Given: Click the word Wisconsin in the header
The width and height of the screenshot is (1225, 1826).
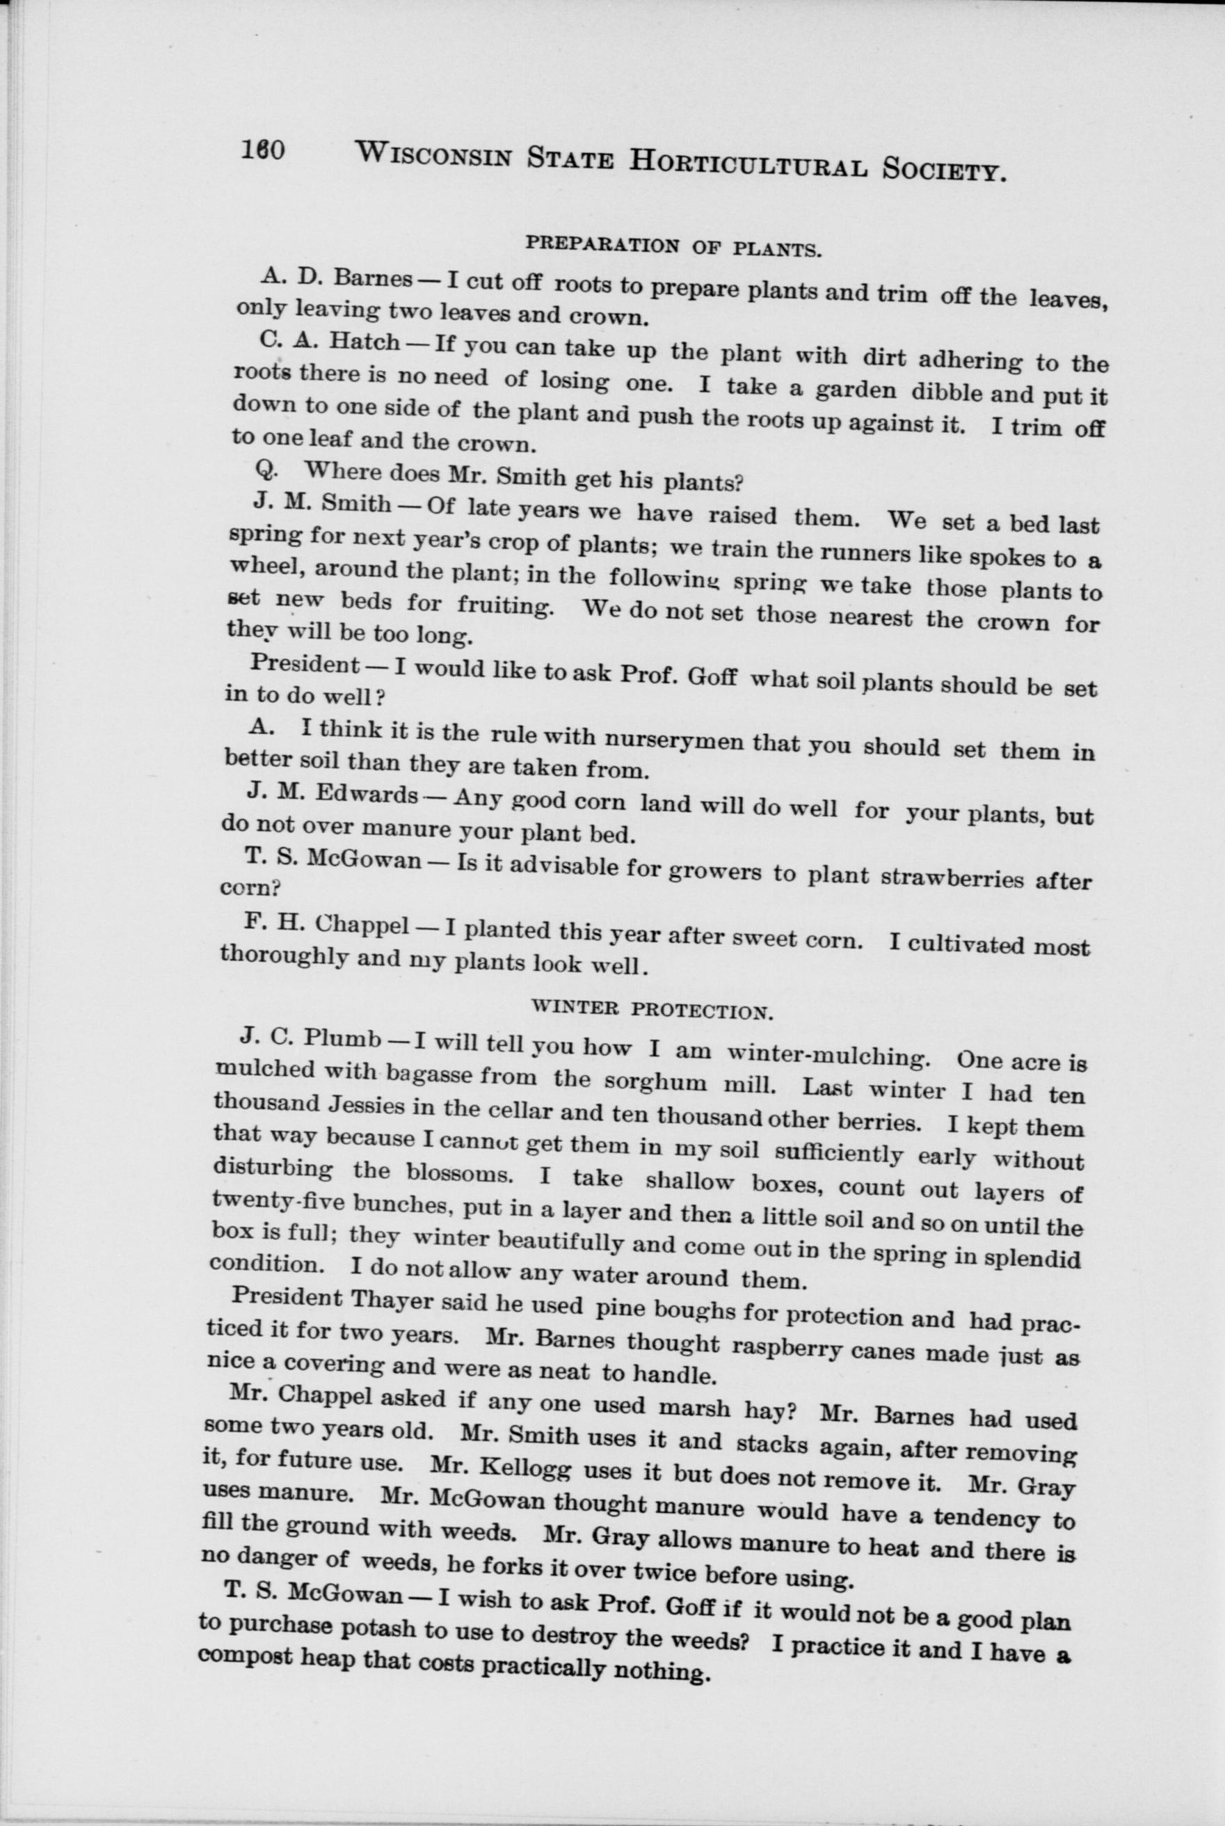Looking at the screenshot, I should click(x=433, y=154).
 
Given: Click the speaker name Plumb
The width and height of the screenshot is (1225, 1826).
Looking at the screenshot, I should click(x=342, y=1038).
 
